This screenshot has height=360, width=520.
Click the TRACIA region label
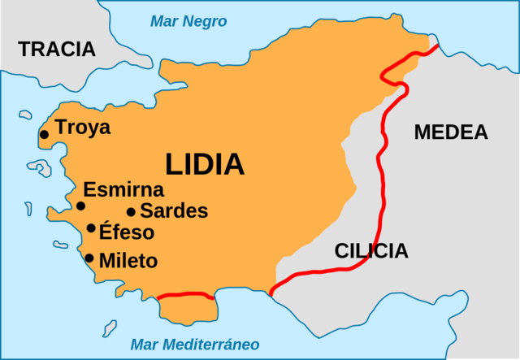57,49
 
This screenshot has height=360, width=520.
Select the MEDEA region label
450,132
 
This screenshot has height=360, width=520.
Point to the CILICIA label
371,251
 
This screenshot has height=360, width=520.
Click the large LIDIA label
205,164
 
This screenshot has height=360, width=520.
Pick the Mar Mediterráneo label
195,343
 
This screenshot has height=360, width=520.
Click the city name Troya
83,128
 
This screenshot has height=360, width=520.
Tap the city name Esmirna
123,190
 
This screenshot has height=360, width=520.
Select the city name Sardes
174,211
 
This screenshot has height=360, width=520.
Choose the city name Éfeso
127,232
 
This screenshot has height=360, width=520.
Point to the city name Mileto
128,262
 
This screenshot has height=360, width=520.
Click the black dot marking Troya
44,135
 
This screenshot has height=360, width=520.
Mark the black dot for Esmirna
80,206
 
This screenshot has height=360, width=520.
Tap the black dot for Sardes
131,211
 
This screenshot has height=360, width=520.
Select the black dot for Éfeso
91,228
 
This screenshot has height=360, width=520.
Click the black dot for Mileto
89,258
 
